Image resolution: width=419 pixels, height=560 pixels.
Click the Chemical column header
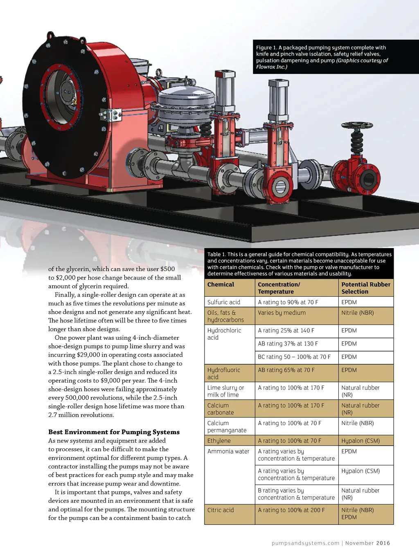(221, 284)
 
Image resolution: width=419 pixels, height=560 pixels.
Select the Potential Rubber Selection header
(366, 288)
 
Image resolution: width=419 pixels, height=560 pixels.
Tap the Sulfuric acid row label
(224, 302)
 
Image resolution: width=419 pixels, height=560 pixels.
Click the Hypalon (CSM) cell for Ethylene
(360, 441)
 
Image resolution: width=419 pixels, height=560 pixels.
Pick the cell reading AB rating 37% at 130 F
(288, 344)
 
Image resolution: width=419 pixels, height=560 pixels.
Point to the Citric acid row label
(221, 510)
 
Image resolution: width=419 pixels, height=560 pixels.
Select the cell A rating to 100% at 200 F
(291, 510)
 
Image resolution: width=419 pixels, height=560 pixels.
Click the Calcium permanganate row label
(227, 427)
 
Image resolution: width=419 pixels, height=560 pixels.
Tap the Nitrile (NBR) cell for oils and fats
(358, 313)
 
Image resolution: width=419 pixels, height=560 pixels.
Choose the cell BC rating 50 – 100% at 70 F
(294, 357)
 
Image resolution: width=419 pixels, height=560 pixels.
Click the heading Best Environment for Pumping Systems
(114, 432)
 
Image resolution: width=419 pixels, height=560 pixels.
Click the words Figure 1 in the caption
(266, 47)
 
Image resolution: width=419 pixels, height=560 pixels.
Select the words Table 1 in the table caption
(216, 254)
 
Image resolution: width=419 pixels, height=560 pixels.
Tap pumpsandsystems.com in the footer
(305, 543)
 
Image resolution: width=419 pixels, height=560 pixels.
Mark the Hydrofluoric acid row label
(223, 373)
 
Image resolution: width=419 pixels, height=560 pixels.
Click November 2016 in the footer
(367, 543)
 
